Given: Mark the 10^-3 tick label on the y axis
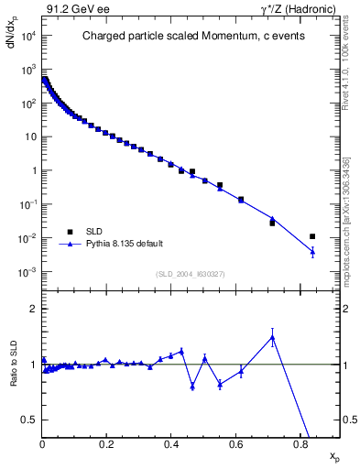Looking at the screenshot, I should coord(26,272).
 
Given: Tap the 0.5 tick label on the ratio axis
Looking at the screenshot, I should coord(28,420).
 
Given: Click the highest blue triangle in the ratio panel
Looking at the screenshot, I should coord(272,337).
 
